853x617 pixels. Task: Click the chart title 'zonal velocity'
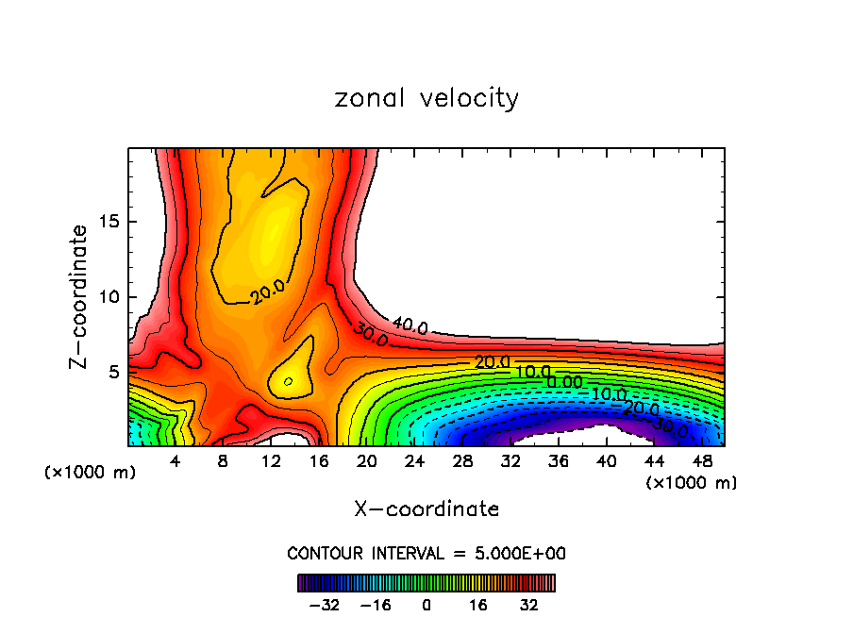[x=426, y=98]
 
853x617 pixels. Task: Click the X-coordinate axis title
[x=426, y=509]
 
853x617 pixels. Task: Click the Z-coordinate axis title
[x=80, y=296]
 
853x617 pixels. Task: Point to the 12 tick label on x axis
[x=271, y=461]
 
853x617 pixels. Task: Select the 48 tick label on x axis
[x=702, y=461]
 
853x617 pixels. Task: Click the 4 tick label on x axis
[x=176, y=461]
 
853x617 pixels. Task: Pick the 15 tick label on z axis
[x=109, y=222]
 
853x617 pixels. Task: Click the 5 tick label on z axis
[x=114, y=372]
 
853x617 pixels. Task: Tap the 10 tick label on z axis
[x=109, y=297]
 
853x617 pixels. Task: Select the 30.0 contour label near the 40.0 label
[x=370, y=333]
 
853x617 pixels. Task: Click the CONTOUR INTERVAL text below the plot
[x=426, y=553]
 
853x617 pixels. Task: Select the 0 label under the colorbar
[x=426, y=604]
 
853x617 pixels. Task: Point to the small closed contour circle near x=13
[x=288, y=381]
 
